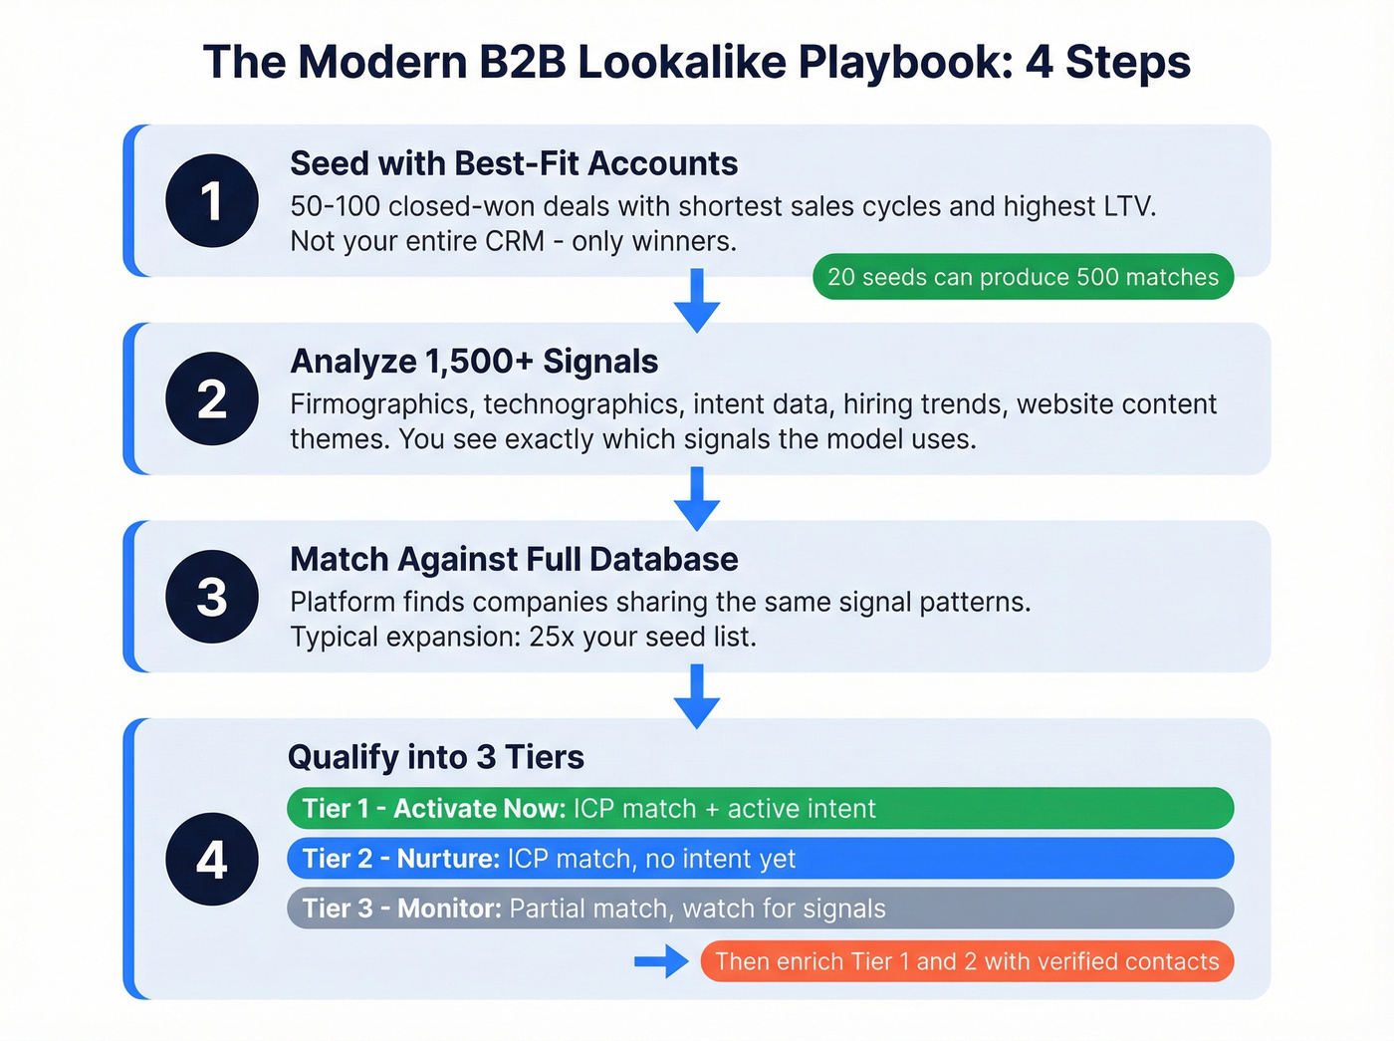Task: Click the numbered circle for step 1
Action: click(x=212, y=200)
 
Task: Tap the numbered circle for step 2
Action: click(x=212, y=398)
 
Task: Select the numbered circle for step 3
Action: click(x=212, y=596)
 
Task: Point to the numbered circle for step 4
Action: click(x=212, y=859)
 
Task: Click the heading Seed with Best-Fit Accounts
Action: click(x=514, y=163)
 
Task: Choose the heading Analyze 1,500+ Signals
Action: click(x=474, y=362)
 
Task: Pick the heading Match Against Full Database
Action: click(x=514, y=560)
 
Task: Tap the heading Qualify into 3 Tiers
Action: click(x=435, y=757)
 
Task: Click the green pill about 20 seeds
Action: click(x=1023, y=277)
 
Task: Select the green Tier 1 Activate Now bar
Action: click(x=760, y=808)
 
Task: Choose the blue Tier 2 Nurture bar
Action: click(x=760, y=858)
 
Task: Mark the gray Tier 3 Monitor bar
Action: click(x=760, y=909)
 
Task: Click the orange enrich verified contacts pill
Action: click(x=967, y=961)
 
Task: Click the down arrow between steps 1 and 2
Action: click(x=697, y=300)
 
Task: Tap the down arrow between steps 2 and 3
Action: click(x=697, y=498)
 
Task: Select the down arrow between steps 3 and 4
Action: click(x=697, y=696)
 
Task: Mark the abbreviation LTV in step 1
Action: click(x=1127, y=206)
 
